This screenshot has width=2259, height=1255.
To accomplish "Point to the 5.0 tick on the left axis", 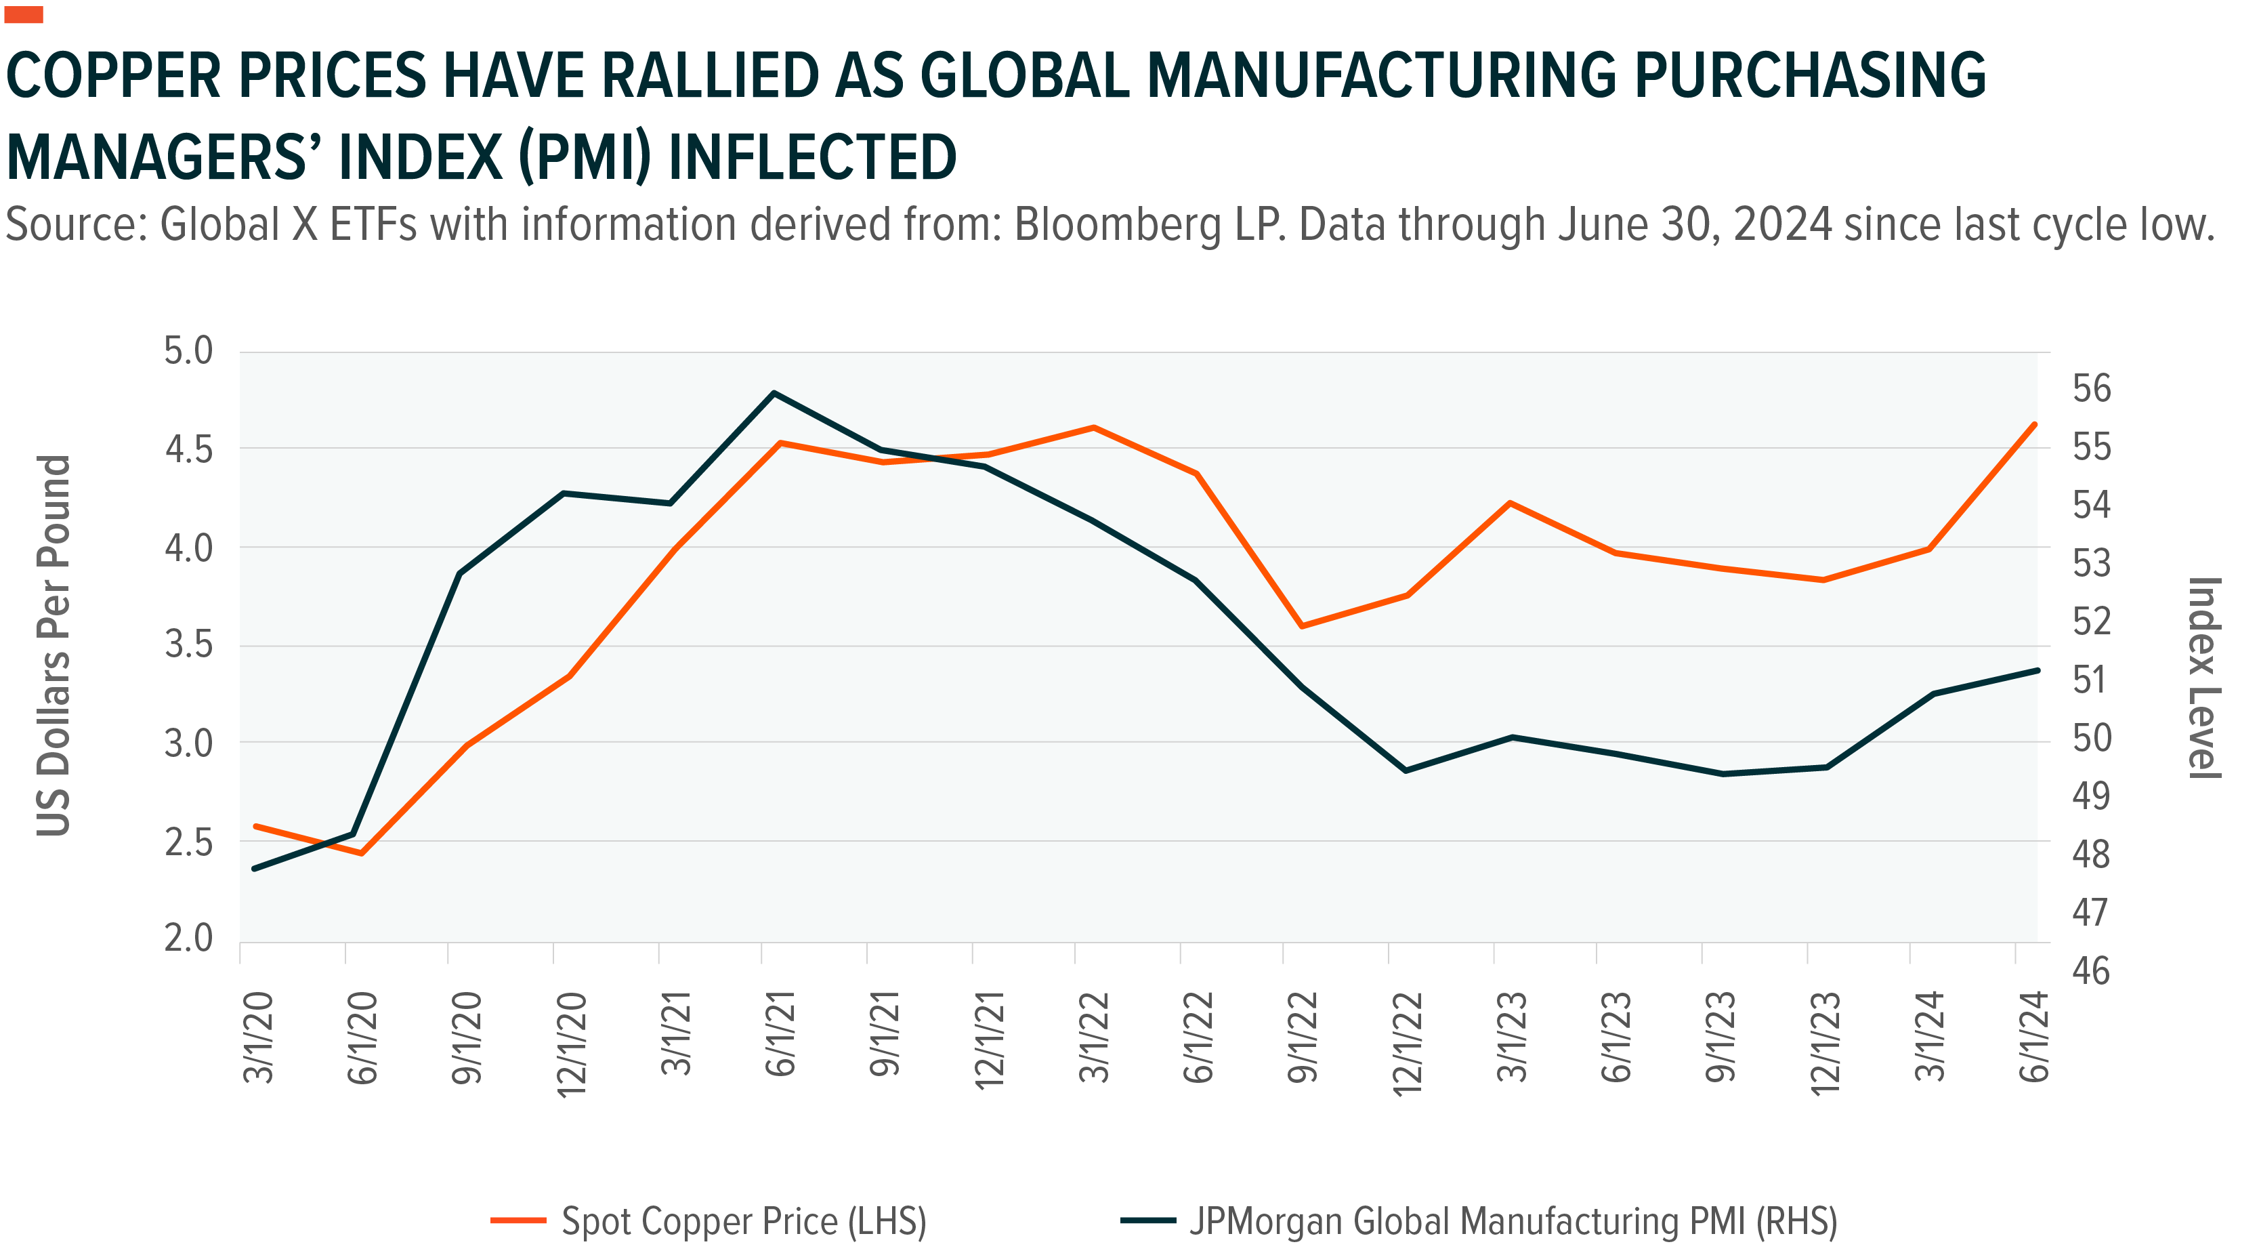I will pyautogui.click(x=188, y=351).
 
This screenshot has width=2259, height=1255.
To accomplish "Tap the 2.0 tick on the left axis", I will pyautogui.click(x=188, y=939).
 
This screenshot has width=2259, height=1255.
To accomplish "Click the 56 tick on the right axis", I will pyautogui.click(x=2092, y=388).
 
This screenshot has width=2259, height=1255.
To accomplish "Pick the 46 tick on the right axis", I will pyautogui.click(x=2092, y=971).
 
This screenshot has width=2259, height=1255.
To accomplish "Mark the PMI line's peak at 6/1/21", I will pyautogui.click(x=774, y=393).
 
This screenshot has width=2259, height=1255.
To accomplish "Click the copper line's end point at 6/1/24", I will pyautogui.click(x=2035, y=424).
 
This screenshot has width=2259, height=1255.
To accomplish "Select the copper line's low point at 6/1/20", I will pyautogui.click(x=361, y=852).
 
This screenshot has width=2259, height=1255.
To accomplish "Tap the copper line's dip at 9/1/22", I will pyautogui.click(x=1301, y=626).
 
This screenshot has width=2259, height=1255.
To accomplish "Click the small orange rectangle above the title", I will pyautogui.click(x=24, y=14).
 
